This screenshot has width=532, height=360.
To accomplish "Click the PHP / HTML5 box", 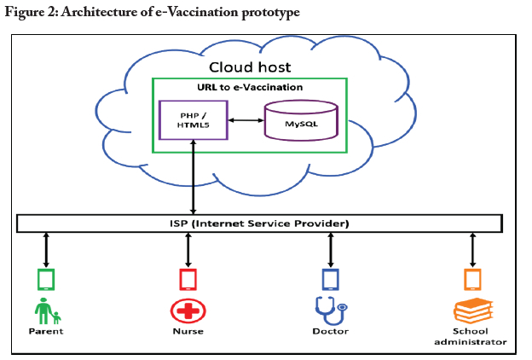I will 194,119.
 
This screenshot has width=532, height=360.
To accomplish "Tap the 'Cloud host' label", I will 250,67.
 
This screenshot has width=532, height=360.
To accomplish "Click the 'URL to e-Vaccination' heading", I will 250,88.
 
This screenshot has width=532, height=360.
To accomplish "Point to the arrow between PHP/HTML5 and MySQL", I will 246,119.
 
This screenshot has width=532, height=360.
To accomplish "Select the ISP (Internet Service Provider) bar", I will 258,224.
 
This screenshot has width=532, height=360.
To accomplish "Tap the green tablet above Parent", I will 46,279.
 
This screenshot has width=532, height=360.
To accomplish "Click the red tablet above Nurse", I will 188,279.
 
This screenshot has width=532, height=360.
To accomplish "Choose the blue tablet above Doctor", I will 330,279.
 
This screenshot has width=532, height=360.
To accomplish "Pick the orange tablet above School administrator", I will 471,279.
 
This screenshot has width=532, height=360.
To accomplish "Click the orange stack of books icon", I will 471,310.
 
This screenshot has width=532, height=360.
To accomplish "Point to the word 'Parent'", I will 47,332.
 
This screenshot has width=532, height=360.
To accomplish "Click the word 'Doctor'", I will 330,332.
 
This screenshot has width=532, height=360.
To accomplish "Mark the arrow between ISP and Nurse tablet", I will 188,249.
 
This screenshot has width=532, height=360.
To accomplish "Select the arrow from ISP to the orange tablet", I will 471,249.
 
